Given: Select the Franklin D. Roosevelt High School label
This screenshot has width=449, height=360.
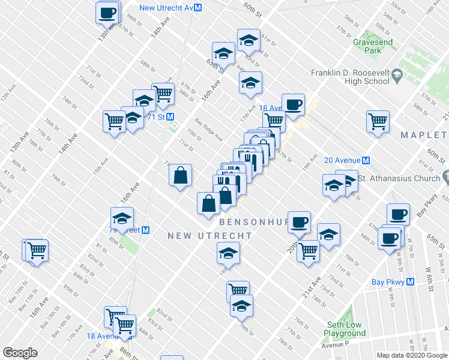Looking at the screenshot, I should pyautogui.click(x=350, y=77).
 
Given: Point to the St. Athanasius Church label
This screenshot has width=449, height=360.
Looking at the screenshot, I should pyautogui.click(x=399, y=178).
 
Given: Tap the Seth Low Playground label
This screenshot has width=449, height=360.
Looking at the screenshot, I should pyautogui.click(x=345, y=329).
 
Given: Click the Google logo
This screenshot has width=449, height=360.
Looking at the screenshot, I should pyautogui.click(x=20, y=353).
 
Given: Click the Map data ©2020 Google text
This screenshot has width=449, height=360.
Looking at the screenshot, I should pyautogui.click(x=412, y=355).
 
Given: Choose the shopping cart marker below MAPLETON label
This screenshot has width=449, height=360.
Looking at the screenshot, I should pyautogui.click(x=378, y=121).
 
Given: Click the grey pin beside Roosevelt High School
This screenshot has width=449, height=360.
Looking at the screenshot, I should pyautogui.click(x=397, y=76).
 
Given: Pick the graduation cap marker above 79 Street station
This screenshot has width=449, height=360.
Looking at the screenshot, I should pyautogui.click(x=122, y=219).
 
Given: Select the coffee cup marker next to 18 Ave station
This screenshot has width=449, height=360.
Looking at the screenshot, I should pyautogui.click(x=293, y=104).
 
